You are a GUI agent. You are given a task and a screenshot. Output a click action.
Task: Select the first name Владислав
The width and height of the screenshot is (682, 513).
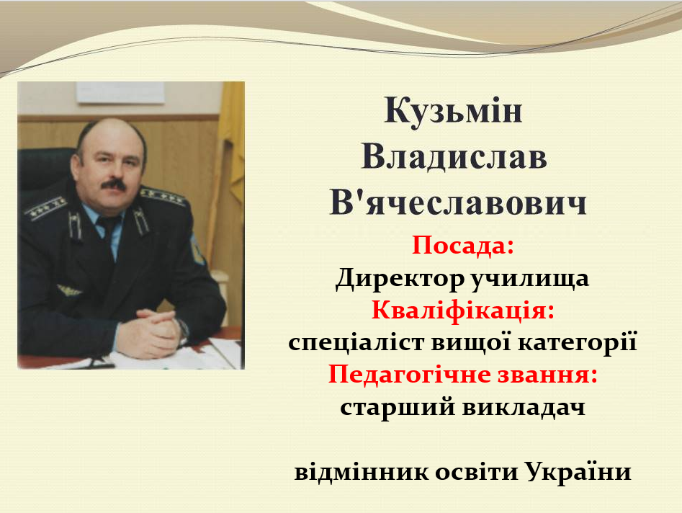coord(454,156)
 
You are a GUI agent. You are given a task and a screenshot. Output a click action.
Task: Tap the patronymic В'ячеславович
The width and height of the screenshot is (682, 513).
coord(459,202)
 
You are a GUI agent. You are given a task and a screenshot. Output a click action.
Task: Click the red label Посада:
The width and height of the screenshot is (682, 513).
coord(463,246)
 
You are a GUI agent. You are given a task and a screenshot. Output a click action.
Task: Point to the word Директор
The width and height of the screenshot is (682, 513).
coord(400,278)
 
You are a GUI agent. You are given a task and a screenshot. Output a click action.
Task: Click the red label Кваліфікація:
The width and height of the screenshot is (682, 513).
coord(463,311)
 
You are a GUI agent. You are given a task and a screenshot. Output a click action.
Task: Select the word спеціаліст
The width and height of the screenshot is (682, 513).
coord(356,342)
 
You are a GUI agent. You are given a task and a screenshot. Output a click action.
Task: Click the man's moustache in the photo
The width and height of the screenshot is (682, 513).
coord(114,185)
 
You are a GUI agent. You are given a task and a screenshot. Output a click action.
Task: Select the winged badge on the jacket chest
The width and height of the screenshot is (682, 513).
coord(70,290)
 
